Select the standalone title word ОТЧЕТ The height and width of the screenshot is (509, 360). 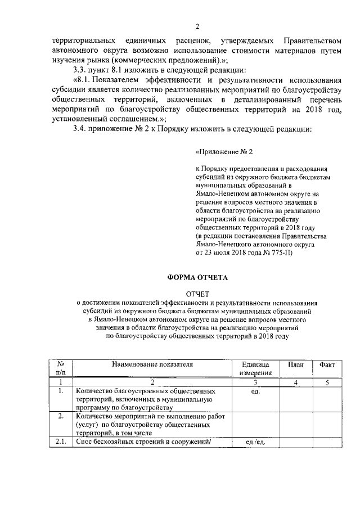pyautogui.click(x=197, y=294)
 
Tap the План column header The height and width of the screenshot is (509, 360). pyautogui.click(x=296, y=364)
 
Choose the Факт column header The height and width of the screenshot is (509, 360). pyautogui.click(x=327, y=364)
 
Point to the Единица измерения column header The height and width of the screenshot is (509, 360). pyautogui.click(x=256, y=368)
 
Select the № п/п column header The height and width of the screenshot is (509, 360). pyautogui.click(x=61, y=368)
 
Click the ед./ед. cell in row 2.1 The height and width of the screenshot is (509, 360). pyautogui.click(x=255, y=443)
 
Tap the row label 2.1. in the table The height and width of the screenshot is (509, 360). pyautogui.click(x=61, y=443)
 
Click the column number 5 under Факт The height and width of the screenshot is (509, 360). pyautogui.click(x=327, y=382)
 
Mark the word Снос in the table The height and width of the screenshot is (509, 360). pyautogui.click(x=84, y=443)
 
